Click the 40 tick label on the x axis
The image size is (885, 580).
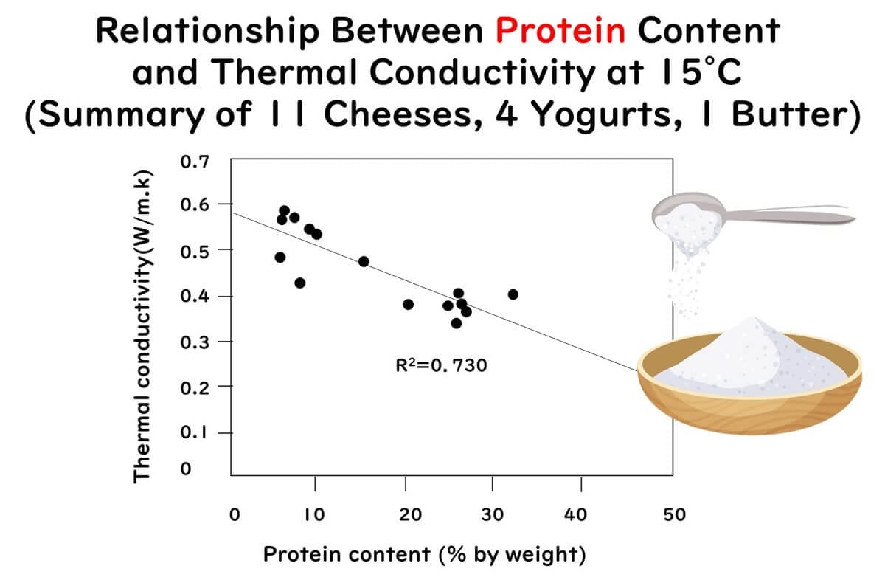pyautogui.click(x=580, y=514)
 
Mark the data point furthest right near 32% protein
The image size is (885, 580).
pyautogui.click(x=513, y=294)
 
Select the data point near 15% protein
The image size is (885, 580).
pyautogui.click(x=364, y=261)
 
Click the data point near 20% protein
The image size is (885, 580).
pyautogui.click(x=409, y=304)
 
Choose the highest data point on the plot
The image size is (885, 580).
pyautogui.click(x=285, y=210)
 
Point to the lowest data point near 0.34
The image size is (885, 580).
pyautogui.click(x=457, y=323)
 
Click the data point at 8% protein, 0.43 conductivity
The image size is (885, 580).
pyautogui.click(x=299, y=283)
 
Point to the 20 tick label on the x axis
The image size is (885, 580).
pyautogui.click(x=410, y=514)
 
